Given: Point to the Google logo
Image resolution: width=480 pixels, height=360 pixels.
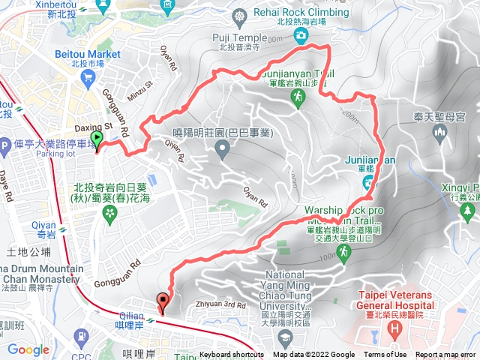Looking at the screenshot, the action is point(28,349).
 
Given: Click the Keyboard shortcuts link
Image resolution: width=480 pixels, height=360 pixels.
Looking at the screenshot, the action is point(231,355).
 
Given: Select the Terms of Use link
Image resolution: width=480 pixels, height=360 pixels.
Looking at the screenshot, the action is point(385,355).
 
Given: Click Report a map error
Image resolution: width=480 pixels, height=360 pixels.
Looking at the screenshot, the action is point(445,355).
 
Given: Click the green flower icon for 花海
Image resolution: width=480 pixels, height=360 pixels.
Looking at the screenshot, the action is point(110,214).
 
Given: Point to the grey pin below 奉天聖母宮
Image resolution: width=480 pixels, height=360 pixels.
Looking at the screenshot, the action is point(440,133).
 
